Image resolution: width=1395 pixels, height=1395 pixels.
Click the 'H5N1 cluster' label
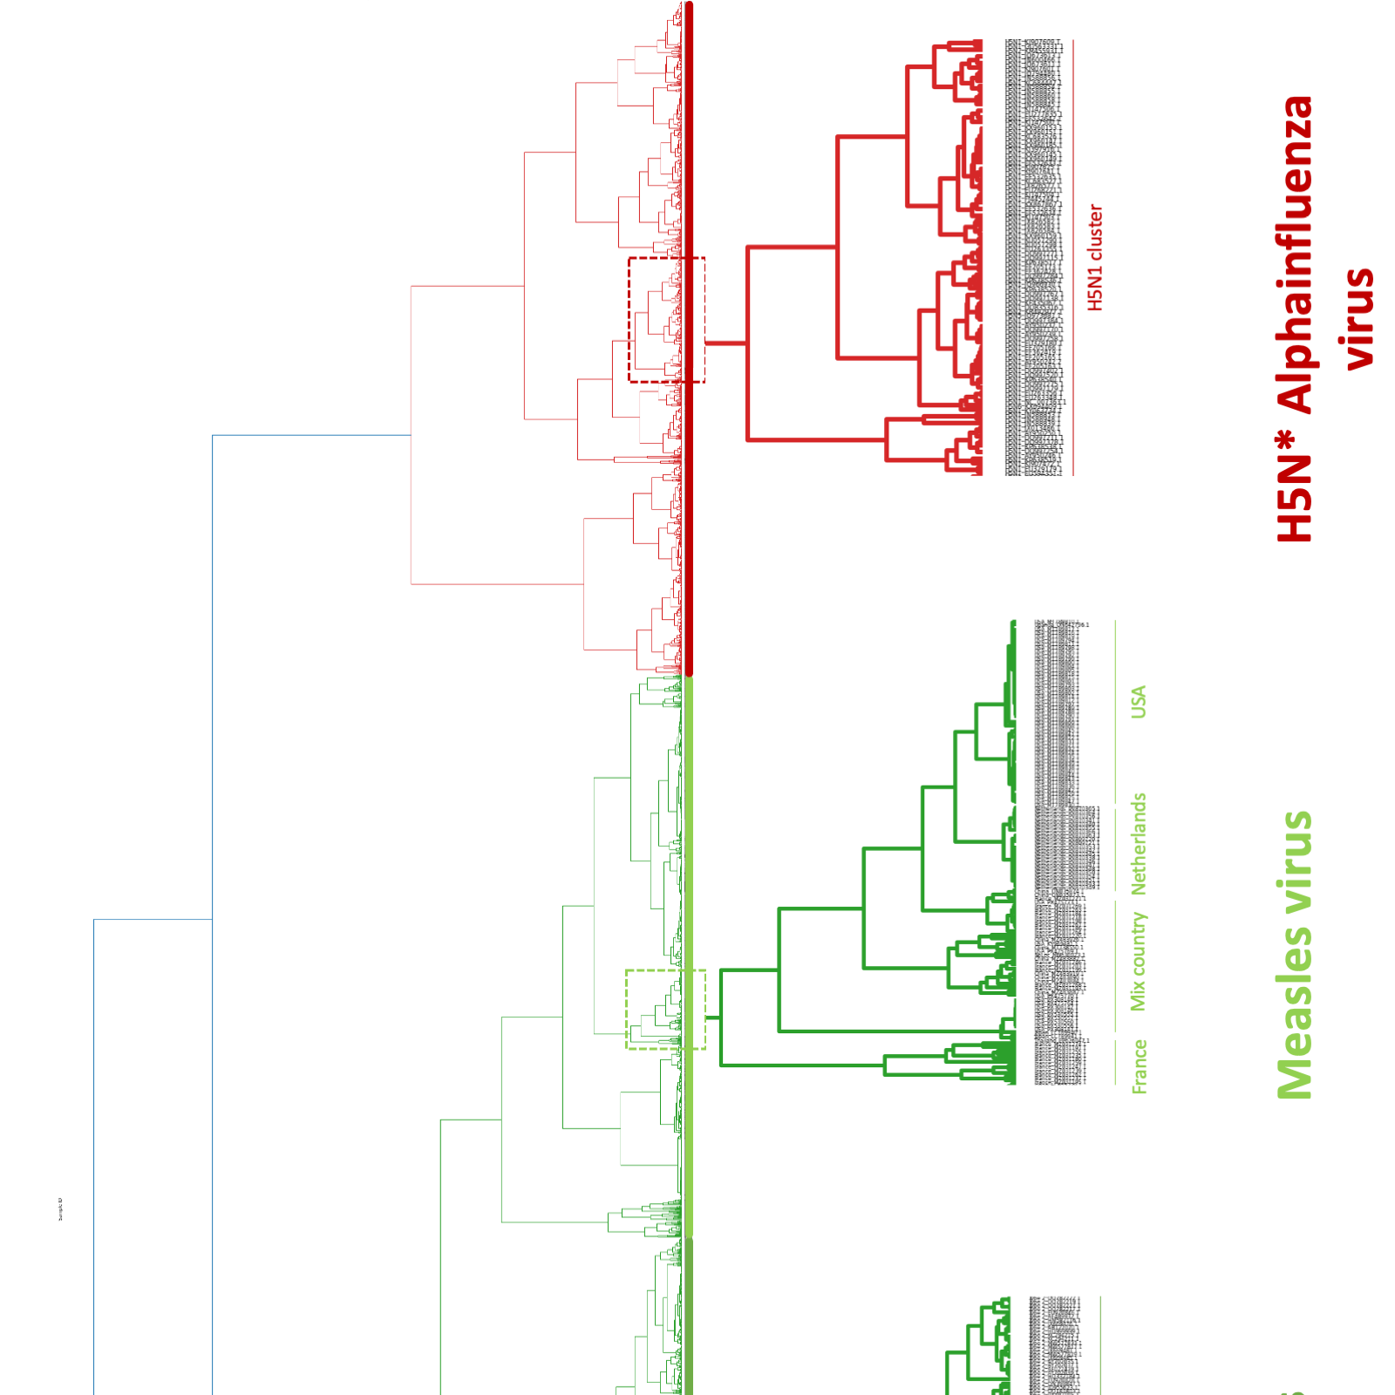1095,257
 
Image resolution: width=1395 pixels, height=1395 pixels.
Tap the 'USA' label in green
1138,702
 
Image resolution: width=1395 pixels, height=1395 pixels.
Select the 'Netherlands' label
1138,844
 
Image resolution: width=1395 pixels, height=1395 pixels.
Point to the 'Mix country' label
1138,962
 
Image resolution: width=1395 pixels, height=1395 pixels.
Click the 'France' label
1139,1065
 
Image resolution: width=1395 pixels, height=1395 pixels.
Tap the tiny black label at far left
60,1209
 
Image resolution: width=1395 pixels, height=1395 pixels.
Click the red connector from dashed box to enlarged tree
725,343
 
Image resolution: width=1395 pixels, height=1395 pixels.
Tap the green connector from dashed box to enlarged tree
712,1017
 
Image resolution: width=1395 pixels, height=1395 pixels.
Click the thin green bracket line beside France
1115,1063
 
